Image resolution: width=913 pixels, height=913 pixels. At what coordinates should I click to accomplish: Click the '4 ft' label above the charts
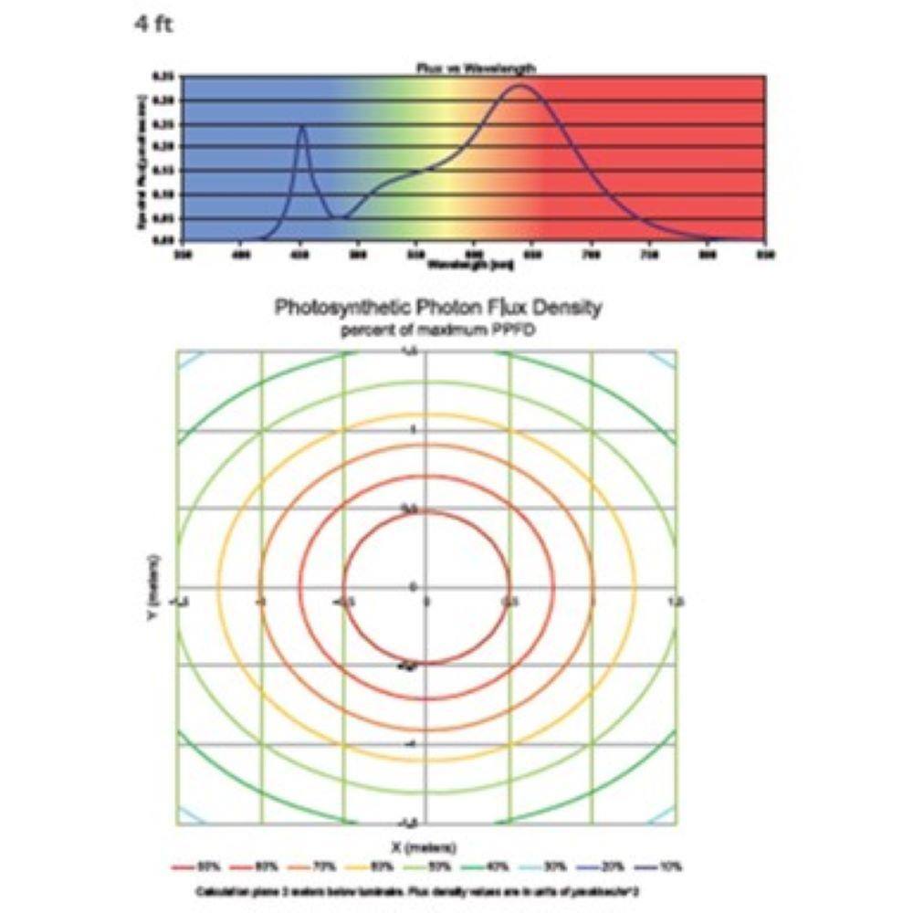(152, 25)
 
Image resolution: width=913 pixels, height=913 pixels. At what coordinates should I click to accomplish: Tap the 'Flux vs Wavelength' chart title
(470, 68)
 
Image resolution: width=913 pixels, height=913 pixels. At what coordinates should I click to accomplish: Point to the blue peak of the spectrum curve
(302, 127)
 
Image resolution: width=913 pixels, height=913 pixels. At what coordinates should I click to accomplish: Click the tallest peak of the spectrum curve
(520, 86)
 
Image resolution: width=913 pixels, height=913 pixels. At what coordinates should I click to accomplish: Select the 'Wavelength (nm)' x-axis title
(470, 265)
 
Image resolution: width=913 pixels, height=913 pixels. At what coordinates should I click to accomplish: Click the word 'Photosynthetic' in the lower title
(339, 308)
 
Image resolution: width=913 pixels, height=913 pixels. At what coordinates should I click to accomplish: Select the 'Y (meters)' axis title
(156, 589)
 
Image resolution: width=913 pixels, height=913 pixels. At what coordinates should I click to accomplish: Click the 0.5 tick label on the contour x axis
(510, 601)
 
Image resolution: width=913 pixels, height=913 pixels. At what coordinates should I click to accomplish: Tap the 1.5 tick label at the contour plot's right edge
(676, 601)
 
